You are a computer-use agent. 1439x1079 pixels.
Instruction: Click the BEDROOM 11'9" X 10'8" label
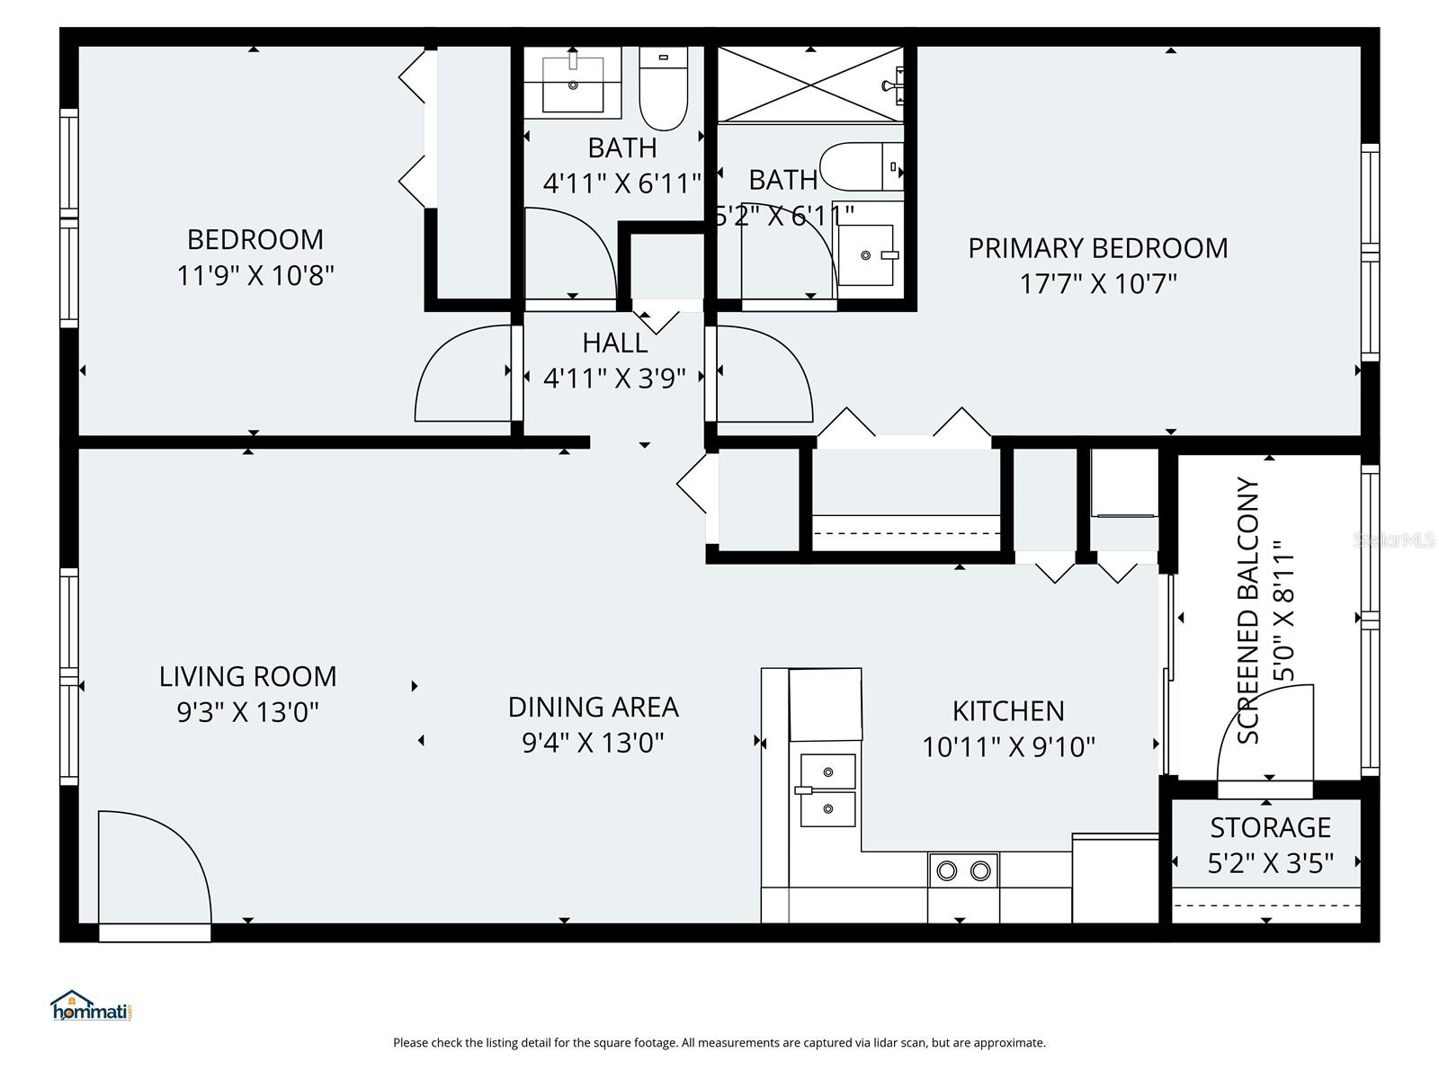(255, 257)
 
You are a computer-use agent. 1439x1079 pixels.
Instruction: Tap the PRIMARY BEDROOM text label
(1097, 248)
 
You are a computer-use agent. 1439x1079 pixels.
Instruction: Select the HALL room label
(615, 343)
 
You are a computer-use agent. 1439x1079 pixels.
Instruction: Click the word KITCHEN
(1008, 711)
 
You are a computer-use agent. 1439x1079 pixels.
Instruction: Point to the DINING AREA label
(593, 708)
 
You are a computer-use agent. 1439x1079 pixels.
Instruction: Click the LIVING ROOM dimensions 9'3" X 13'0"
(248, 713)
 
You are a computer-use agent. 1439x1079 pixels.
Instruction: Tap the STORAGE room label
(1269, 827)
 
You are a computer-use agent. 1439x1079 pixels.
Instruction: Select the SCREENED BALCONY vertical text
(1248, 611)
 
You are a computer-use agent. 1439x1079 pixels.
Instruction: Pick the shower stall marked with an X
(810, 85)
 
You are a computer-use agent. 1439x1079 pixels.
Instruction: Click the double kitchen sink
(827, 790)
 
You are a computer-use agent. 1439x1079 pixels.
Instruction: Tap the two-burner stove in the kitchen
(963, 870)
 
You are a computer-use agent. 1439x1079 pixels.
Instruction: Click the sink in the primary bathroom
(867, 255)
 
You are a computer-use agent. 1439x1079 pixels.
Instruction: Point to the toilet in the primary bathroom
(859, 167)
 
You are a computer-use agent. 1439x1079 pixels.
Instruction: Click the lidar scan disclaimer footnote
(719, 1043)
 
